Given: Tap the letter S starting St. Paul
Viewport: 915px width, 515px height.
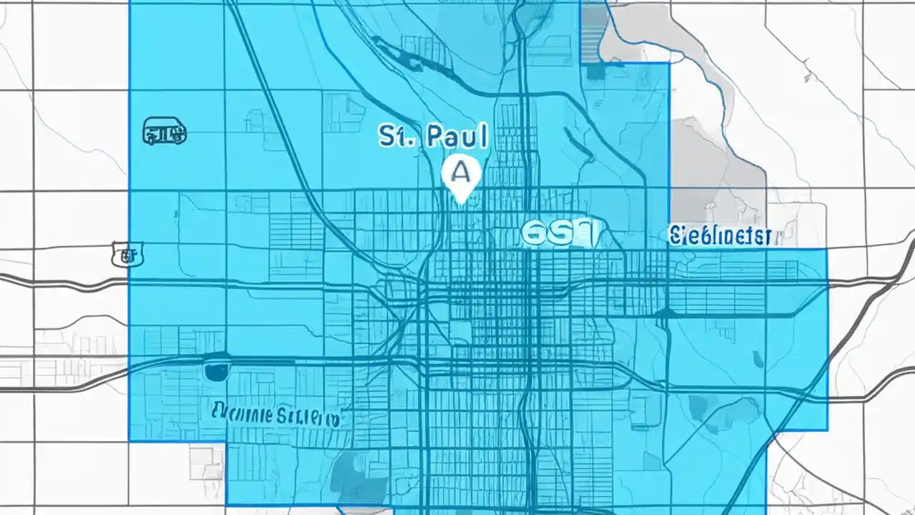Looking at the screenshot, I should click(387, 136).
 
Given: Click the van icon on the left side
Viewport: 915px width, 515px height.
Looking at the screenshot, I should click(164, 132).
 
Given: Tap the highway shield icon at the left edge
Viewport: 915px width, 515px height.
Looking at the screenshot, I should click(127, 255).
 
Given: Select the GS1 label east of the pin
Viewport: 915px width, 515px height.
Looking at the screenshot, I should click(559, 232).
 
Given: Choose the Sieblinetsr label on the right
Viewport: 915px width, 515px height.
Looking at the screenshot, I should click(720, 235).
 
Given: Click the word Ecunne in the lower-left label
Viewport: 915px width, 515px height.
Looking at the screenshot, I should click(243, 413).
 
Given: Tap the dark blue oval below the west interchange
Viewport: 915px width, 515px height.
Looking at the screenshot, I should click(217, 371).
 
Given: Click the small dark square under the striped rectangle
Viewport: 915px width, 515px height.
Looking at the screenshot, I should click(594, 72).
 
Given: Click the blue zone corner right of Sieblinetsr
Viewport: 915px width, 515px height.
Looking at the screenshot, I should click(827, 250).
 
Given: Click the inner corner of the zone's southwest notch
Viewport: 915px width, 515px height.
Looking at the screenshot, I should click(227, 441).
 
